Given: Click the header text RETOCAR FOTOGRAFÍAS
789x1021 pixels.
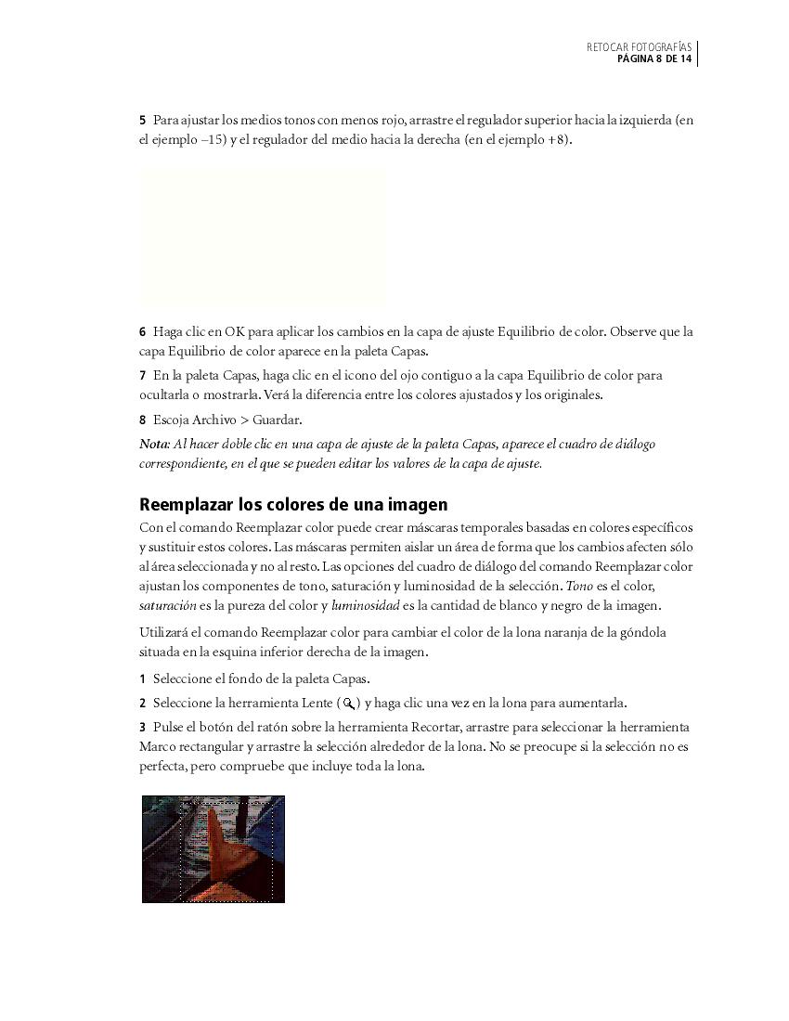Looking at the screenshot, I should click(x=639, y=46).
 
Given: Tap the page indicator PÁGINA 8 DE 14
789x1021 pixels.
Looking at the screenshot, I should click(x=654, y=59).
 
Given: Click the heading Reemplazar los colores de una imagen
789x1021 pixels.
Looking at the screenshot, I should click(x=293, y=505).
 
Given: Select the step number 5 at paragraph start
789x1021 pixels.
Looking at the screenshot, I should click(x=143, y=121).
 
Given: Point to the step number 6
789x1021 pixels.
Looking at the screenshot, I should click(x=143, y=332).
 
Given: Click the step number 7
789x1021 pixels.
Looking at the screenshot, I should click(x=143, y=376).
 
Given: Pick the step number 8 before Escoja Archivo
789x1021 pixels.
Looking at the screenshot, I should click(x=143, y=420).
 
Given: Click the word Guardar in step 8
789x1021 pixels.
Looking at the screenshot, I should click(x=276, y=420).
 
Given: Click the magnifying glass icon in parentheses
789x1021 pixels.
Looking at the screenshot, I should click(x=350, y=704).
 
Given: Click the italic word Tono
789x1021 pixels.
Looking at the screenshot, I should click(x=578, y=587).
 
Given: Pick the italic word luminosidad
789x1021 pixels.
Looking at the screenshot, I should click(x=365, y=606).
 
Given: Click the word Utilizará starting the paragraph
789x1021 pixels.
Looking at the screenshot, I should click(x=164, y=632).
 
